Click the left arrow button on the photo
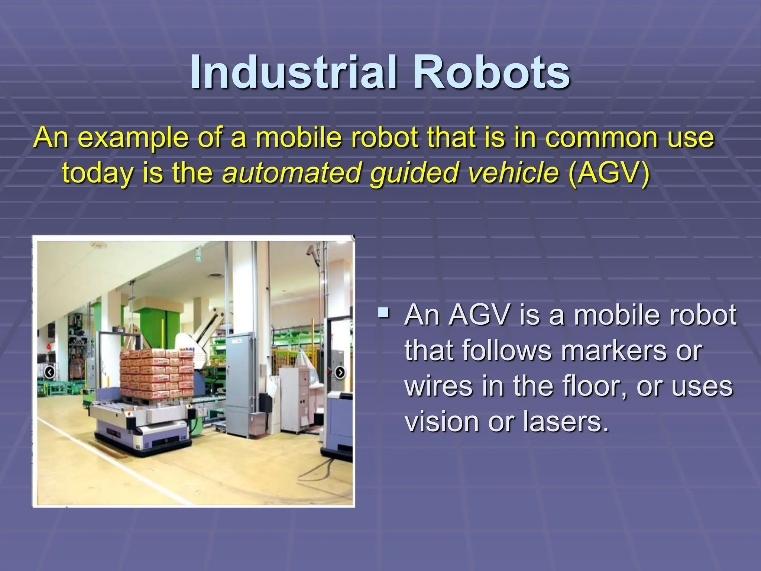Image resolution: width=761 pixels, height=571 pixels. point(49,372)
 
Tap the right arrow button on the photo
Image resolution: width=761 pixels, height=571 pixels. point(340,372)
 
